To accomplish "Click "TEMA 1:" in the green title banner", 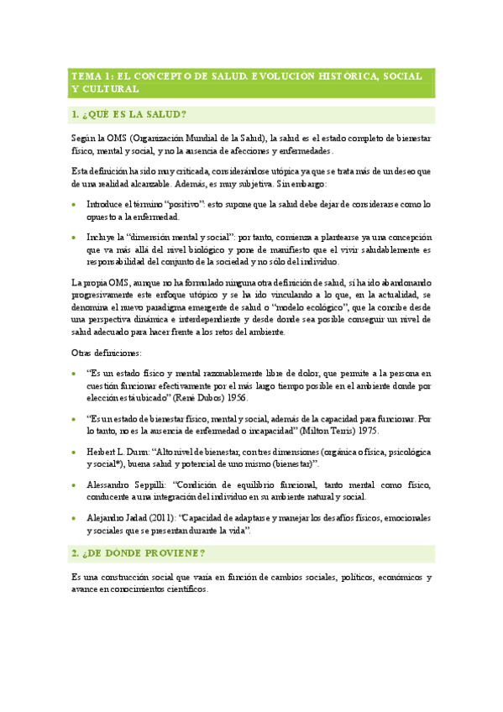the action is (91, 76).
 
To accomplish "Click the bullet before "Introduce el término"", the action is (76, 205).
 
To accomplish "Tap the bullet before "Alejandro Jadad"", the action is (76, 519).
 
